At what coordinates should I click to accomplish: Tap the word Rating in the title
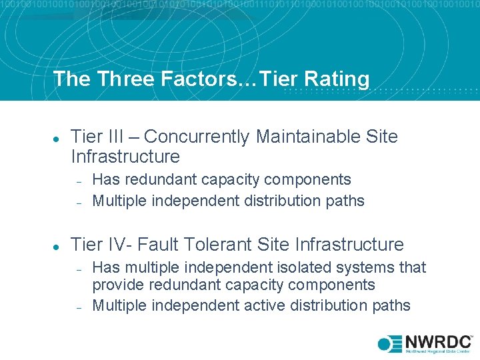337,79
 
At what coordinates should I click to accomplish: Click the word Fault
169,245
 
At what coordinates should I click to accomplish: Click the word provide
117,285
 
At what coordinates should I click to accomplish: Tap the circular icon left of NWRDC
386,344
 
